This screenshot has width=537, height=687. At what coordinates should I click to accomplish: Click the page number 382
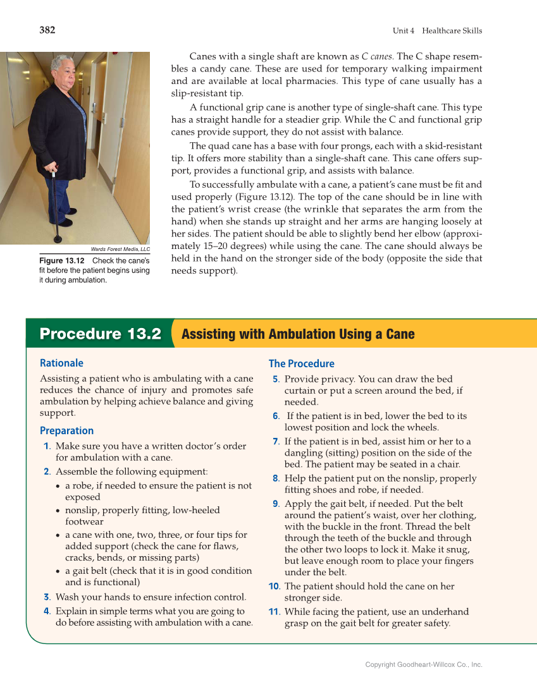pyautogui.click(x=47, y=30)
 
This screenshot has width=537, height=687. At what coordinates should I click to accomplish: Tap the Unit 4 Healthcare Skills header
pyautogui.click(x=437, y=30)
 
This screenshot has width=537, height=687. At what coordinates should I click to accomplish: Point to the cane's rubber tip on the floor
pyautogui.click(x=58, y=239)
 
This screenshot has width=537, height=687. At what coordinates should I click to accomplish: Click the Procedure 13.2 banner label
pyautogui.click(x=101, y=334)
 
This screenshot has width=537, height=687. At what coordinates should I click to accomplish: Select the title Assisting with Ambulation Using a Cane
pyautogui.click(x=298, y=334)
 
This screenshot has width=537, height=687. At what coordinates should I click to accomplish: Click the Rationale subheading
pyautogui.click(x=61, y=363)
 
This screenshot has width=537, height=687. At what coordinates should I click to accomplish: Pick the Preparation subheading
pyautogui.click(x=66, y=430)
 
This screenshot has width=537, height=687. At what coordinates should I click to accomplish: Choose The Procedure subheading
pyautogui.click(x=301, y=363)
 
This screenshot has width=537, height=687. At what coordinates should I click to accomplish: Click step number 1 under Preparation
pyautogui.click(x=47, y=446)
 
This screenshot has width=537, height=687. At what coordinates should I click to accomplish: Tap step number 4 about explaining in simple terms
pyautogui.click(x=47, y=611)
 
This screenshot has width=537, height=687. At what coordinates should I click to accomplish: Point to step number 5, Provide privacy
pyautogui.click(x=276, y=379)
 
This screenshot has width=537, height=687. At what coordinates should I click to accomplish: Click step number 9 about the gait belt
pyautogui.click(x=276, y=504)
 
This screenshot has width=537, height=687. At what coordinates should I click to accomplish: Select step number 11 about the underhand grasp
pyautogui.click(x=274, y=612)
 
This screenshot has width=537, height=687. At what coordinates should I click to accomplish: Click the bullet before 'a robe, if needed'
pyautogui.click(x=58, y=486)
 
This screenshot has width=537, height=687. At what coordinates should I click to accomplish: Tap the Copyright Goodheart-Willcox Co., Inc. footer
pyautogui.click(x=424, y=664)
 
